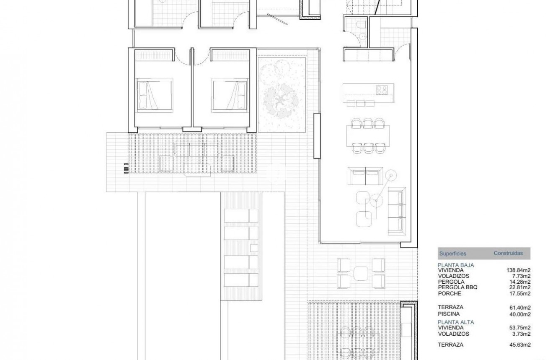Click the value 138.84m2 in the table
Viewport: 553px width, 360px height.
tap(519, 270)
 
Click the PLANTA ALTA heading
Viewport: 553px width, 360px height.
tap(456, 322)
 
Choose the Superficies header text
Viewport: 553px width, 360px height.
tap(452, 254)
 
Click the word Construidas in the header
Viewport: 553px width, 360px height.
tap(508, 253)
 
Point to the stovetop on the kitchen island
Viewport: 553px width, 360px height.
tap(381, 89)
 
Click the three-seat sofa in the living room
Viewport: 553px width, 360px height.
tap(397, 211)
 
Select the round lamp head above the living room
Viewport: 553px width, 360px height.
tap(391, 174)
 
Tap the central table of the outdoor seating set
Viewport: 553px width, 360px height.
tap(361, 273)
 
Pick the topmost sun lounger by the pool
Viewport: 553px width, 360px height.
tap(241, 215)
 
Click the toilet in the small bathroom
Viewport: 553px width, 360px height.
tap(361, 26)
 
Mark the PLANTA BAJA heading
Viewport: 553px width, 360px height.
tap(456, 265)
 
